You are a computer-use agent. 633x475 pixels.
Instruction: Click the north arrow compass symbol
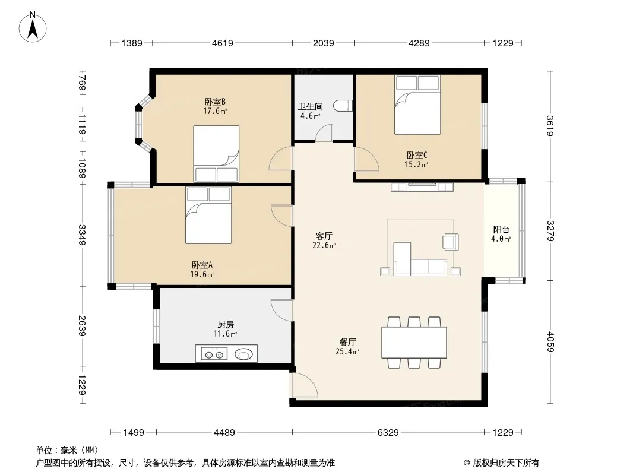[33, 27]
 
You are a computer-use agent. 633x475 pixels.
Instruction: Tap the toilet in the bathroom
[343, 106]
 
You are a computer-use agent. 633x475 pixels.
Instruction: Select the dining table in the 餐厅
[414, 342]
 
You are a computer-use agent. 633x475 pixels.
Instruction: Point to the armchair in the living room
[451, 242]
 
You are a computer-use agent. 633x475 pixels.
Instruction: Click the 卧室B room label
[215, 102]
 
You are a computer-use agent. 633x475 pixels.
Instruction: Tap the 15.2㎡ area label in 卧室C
[416, 164]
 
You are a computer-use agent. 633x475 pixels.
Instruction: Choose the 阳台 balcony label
[501, 230]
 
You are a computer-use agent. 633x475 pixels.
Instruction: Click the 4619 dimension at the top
[223, 43]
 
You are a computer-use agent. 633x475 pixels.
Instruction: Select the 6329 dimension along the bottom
[388, 433]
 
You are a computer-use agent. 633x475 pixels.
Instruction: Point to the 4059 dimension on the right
[550, 341]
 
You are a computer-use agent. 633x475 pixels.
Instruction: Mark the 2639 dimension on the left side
[82, 326]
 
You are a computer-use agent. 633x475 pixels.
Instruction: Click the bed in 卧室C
[417, 105]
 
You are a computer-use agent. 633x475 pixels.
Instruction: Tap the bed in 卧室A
[208, 215]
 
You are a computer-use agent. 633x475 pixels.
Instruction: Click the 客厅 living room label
[324, 236]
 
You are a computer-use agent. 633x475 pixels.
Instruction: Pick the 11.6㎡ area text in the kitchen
[225, 334]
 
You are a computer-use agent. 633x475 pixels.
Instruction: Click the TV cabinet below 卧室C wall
[422, 187]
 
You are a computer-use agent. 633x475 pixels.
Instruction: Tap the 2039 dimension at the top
[324, 43]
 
